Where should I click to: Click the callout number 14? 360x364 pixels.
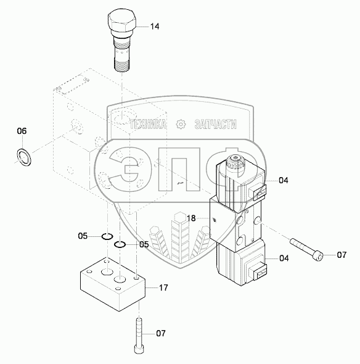[x=155, y=27]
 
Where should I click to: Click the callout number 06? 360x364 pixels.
[x=22, y=131]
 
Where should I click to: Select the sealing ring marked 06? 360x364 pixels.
[x=24, y=157]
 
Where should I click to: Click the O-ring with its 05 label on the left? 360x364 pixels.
[x=107, y=236]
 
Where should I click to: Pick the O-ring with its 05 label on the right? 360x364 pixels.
[x=120, y=244]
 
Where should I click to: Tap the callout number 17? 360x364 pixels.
[x=163, y=288]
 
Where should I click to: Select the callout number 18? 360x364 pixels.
[x=191, y=218]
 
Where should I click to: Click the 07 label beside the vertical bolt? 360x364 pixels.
[x=161, y=333]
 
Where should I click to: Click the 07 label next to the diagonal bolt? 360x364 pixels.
[x=342, y=255]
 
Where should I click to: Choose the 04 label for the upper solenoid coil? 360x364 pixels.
[x=283, y=180]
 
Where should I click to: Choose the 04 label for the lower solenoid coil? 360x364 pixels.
[x=284, y=258]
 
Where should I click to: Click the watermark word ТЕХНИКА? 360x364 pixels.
[x=148, y=124]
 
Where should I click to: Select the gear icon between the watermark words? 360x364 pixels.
[x=181, y=124]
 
